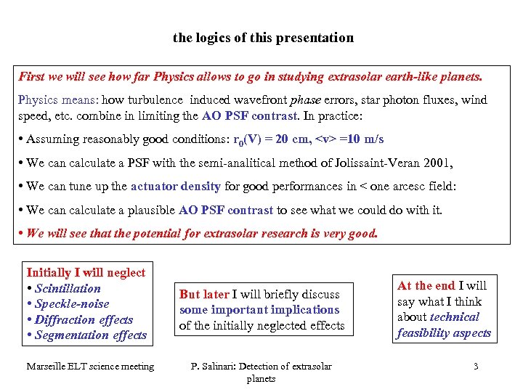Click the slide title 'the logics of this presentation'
click(x=263, y=37)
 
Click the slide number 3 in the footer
click(x=476, y=366)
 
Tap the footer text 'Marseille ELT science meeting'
click(x=90, y=366)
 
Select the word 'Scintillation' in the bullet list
click(x=68, y=288)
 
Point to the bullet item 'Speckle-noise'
click(x=72, y=304)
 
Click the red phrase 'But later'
click(x=204, y=294)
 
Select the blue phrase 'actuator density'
click(x=176, y=186)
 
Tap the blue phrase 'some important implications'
click(x=259, y=309)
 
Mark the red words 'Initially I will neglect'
click(x=86, y=272)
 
